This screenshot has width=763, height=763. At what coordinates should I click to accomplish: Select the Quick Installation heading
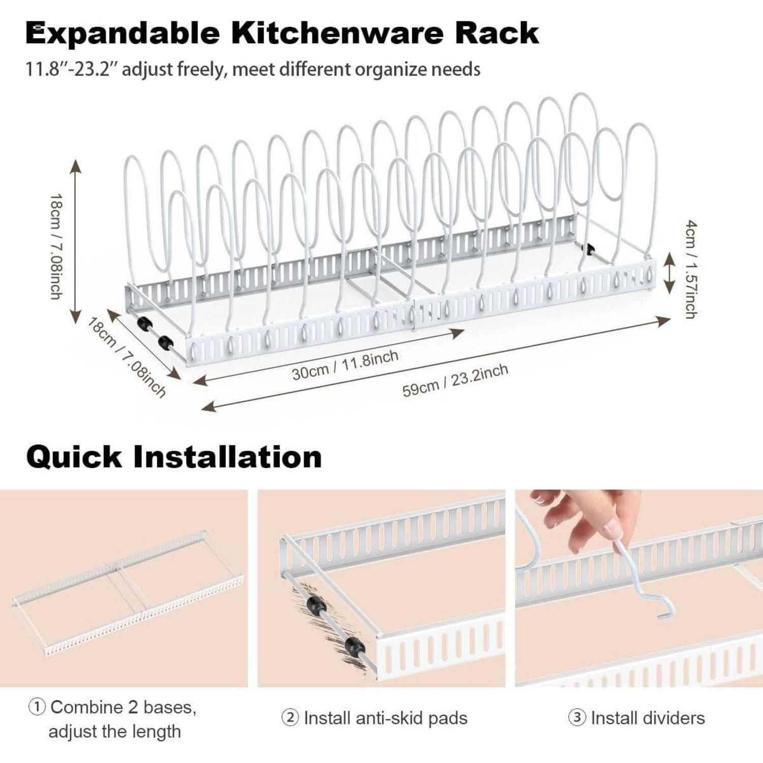point(174,456)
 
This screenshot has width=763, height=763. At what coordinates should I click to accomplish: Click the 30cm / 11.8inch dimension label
point(345,365)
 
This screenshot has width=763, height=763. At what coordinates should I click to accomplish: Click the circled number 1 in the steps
point(37,707)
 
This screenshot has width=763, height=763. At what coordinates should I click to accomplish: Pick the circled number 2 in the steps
point(290,718)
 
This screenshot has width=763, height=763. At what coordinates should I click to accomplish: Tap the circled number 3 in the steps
point(577,718)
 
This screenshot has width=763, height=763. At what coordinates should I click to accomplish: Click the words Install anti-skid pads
point(386,718)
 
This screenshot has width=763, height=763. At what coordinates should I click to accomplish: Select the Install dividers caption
point(648,718)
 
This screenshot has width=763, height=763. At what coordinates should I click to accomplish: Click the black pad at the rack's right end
point(591,249)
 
